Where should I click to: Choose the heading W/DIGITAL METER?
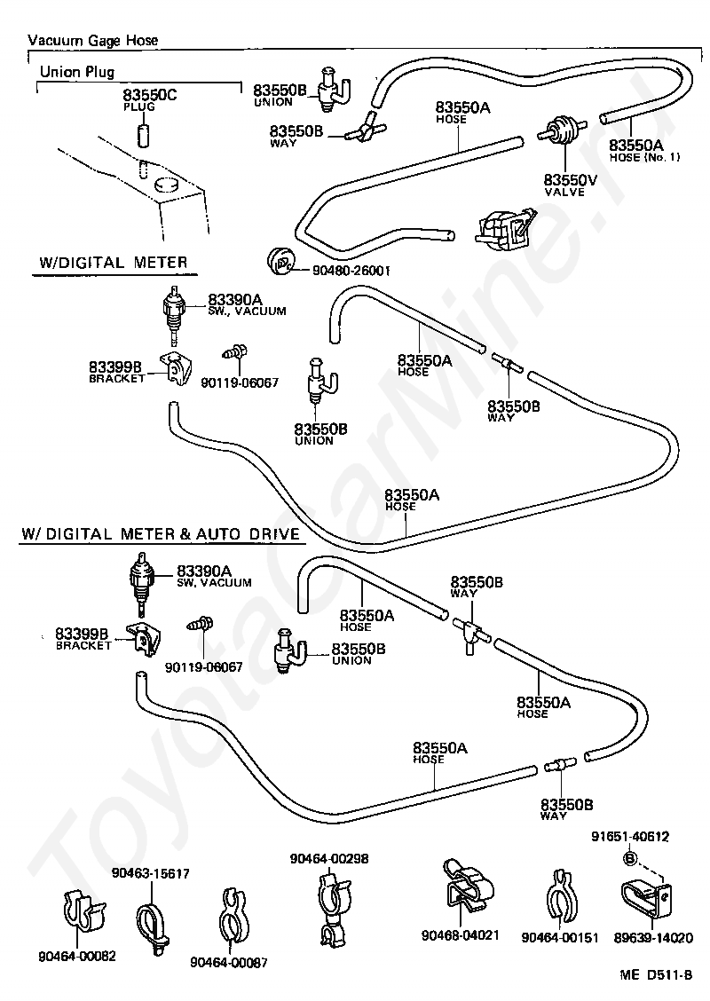click(114, 262)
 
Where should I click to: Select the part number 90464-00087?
click(228, 963)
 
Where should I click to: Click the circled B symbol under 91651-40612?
click(629, 857)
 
